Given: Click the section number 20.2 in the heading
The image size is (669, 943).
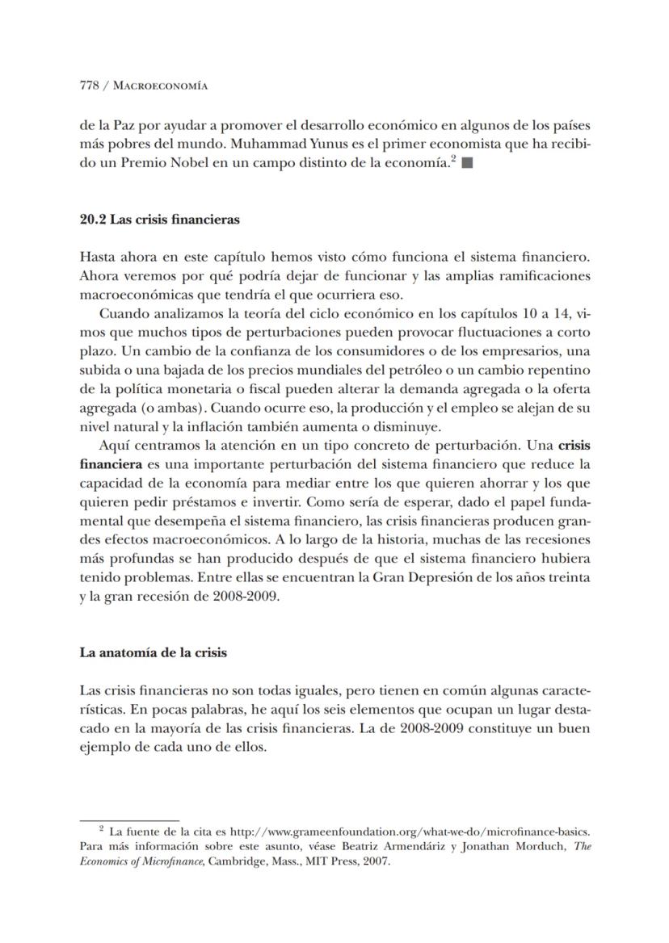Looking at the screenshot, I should click(x=93, y=219).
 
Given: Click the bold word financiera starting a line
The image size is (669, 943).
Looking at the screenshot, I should click(x=111, y=465).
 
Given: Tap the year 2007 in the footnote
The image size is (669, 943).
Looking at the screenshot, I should click(x=375, y=861).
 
